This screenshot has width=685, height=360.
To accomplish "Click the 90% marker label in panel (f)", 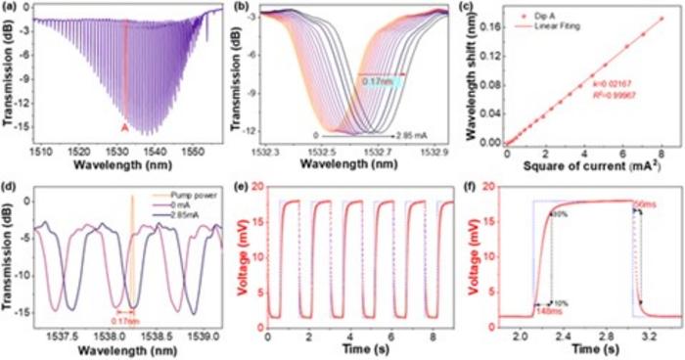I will (559, 212).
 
